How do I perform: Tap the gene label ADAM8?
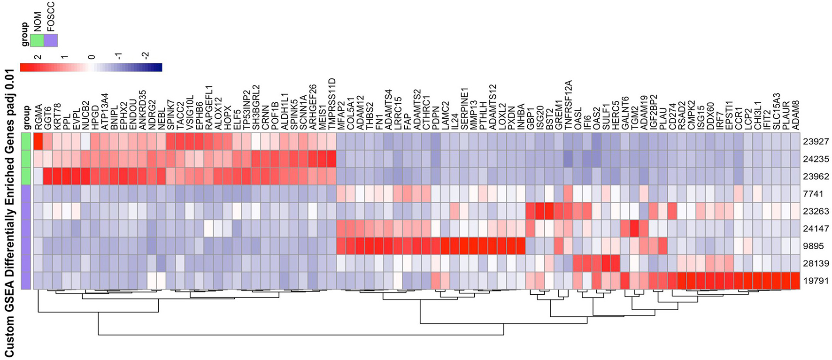(x=796, y=115)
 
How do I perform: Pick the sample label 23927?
(x=816, y=141)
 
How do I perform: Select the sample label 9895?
(x=813, y=246)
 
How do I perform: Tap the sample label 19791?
(x=816, y=281)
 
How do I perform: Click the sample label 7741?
(x=813, y=193)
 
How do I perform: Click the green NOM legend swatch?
(x=37, y=40)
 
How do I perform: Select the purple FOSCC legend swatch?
(x=51, y=40)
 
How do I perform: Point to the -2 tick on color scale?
(x=146, y=56)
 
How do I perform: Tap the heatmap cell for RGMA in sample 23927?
(x=39, y=141)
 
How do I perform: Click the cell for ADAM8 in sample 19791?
(x=795, y=281)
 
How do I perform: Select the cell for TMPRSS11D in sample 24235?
(x=331, y=159)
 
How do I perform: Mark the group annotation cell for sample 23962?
(x=26, y=176)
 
